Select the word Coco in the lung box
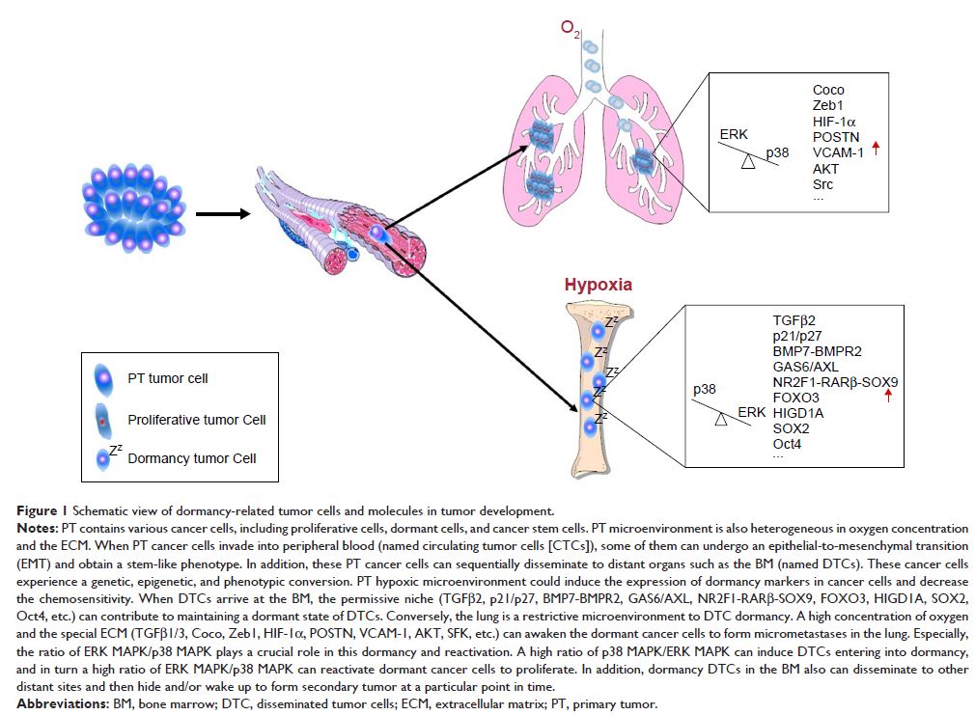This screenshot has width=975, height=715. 828,90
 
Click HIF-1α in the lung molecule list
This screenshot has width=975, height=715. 834,122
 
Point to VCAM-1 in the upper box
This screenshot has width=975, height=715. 837,152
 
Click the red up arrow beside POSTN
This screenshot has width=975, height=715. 877,148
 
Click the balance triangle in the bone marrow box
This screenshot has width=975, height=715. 720,419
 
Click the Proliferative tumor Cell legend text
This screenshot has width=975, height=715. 196,420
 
